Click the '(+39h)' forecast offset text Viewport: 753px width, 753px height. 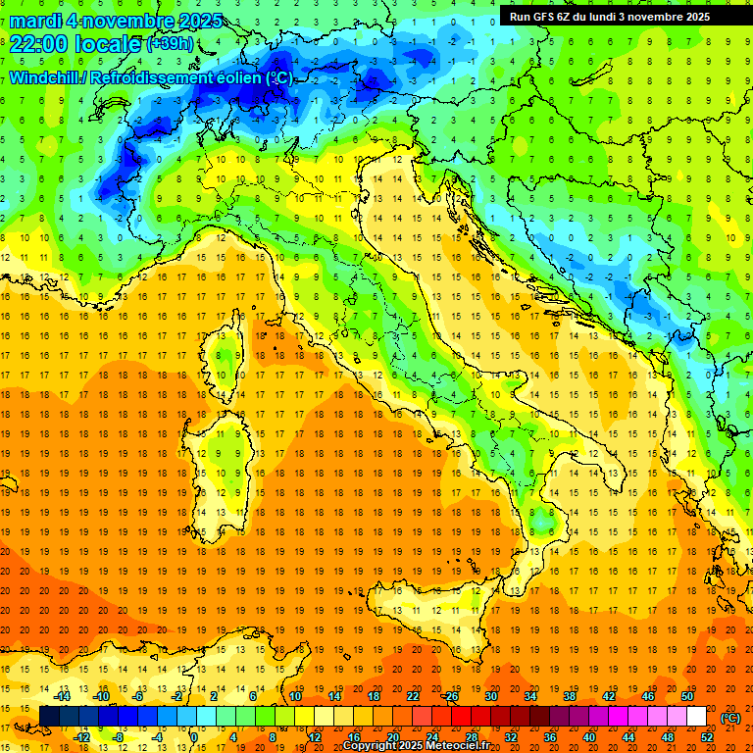170,44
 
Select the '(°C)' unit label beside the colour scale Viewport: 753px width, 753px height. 730,718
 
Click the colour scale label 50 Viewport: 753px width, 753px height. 687,696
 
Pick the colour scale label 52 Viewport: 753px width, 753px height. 707,737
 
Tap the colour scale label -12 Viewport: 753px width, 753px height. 81,737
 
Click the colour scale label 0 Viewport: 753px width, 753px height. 195,737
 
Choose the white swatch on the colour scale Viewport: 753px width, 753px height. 696,717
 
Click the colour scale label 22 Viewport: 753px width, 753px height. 413,696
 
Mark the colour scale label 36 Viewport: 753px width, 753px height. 550,737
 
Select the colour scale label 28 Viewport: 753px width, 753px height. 472,737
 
